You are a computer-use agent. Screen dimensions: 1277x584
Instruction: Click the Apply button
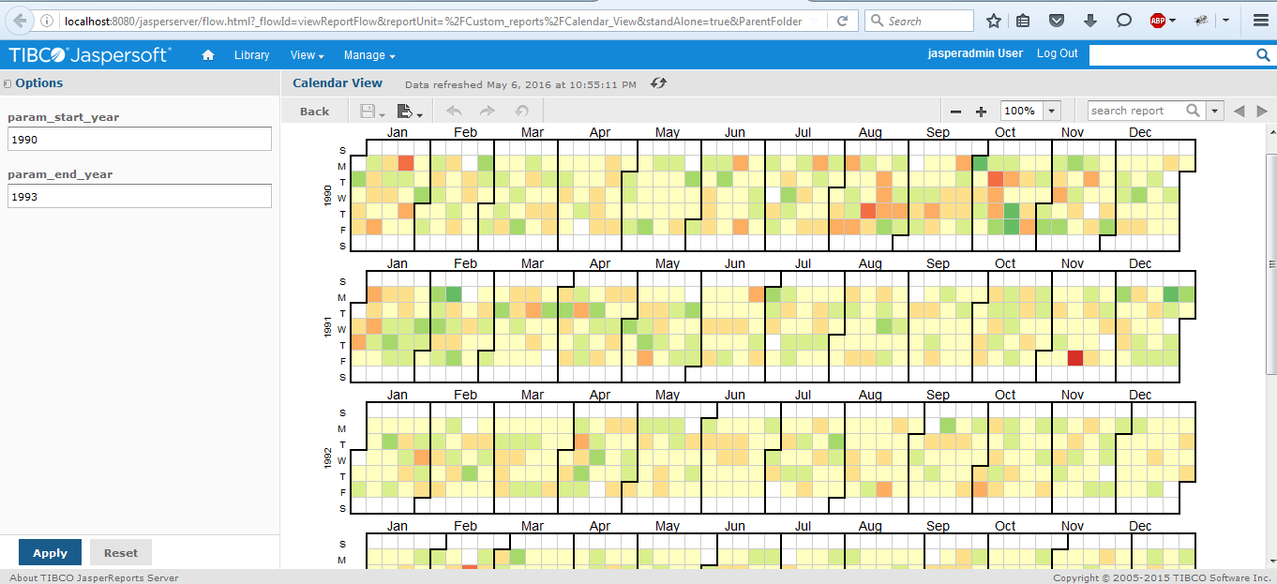(x=51, y=553)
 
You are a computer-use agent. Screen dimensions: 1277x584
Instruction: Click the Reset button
(x=121, y=553)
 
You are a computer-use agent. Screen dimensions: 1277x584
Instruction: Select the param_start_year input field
(x=140, y=139)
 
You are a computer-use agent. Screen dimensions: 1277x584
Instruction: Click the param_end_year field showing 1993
(x=140, y=196)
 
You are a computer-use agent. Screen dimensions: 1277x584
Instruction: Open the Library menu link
(x=251, y=55)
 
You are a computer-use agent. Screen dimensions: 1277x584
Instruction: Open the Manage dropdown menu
(x=368, y=55)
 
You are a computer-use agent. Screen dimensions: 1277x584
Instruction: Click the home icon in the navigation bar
(x=208, y=54)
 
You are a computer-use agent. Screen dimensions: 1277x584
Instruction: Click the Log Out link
(x=1057, y=53)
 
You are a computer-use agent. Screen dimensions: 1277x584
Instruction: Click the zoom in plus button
(x=981, y=112)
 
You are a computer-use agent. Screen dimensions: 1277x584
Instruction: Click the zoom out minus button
(x=956, y=112)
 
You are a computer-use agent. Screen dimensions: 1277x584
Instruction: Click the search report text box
(x=1136, y=111)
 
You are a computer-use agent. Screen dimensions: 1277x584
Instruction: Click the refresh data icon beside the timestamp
(x=658, y=83)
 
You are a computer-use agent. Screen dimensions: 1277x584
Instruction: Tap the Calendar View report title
(x=338, y=83)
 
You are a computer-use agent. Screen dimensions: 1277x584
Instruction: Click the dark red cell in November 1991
(x=1075, y=358)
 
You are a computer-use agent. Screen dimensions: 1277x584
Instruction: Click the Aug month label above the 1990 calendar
(x=870, y=132)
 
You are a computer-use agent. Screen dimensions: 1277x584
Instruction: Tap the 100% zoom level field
(x=1021, y=111)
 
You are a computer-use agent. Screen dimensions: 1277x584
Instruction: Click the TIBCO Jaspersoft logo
(x=89, y=54)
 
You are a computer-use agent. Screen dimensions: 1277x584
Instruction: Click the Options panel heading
(x=38, y=83)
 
